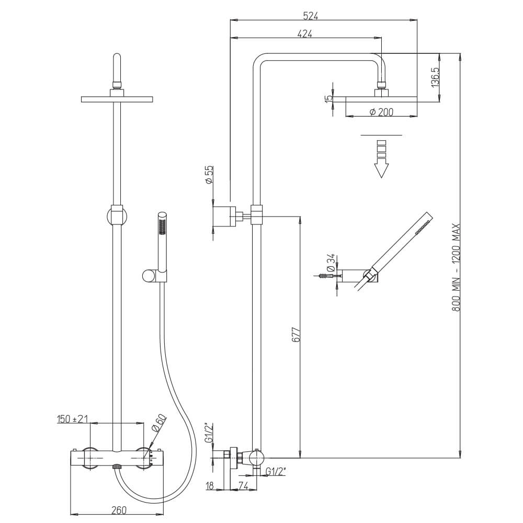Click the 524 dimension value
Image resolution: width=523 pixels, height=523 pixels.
tap(311, 16)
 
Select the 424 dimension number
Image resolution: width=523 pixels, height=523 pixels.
tap(304, 33)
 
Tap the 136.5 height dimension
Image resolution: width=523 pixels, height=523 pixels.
tap(435, 77)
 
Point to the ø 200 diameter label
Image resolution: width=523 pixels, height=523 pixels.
tap(382, 112)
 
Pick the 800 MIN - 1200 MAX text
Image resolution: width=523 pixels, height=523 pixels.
tap(456, 267)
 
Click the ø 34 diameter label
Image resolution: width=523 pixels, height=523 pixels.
tap(331, 262)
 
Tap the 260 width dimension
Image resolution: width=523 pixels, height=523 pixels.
tap(119, 510)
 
